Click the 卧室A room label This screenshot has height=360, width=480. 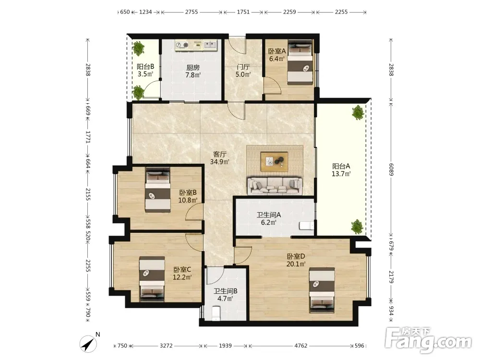pos(277,51)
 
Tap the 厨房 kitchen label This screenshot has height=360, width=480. pos(193,67)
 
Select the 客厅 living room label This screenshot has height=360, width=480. pos(219,154)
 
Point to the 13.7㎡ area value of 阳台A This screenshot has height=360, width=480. pos(341,174)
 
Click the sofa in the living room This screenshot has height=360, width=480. pos(275,185)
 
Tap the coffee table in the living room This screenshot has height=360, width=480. pos(274,161)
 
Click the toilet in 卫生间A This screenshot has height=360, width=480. pos(306,226)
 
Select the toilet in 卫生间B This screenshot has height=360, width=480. pos(216,314)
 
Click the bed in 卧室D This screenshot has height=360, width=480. pos(322,290)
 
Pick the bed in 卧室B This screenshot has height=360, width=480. pos(157,190)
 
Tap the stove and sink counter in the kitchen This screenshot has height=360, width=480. pos(196,45)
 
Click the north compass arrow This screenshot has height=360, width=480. pos(88,344)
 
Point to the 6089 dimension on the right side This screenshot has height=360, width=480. pos(391,169)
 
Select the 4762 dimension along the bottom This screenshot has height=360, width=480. pos(300,346)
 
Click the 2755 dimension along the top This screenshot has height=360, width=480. pos(192,12)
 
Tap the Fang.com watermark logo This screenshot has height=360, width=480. pos(428,339)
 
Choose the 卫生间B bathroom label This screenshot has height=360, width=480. pos(225,291)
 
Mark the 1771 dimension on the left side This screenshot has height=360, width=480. pos(88,137)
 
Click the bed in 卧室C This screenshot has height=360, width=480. pos(152,279)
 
